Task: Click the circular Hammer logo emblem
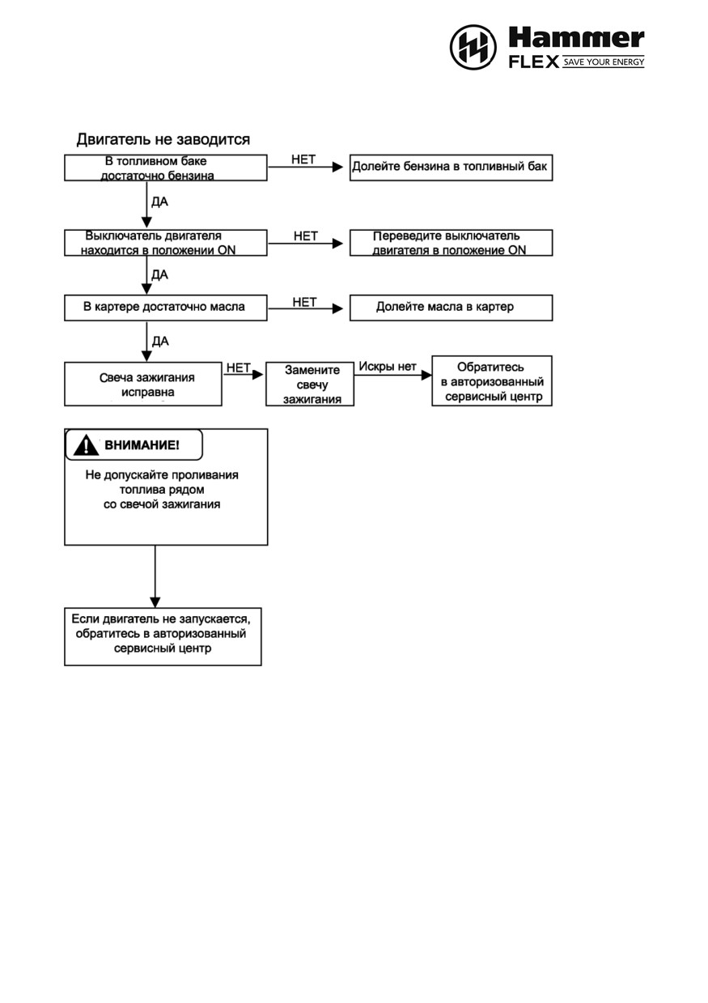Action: click(x=473, y=47)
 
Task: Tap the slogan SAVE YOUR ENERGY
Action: click(x=604, y=62)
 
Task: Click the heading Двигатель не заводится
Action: click(x=163, y=139)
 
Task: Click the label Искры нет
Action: click(x=388, y=366)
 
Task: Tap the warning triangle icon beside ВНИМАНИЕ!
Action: click(x=86, y=444)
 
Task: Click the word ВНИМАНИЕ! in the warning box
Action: click(x=142, y=445)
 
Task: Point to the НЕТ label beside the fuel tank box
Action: click(x=303, y=159)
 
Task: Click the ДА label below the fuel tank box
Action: click(x=159, y=202)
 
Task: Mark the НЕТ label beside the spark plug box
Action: click(x=238, y=368)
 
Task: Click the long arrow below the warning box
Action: click(x=155, y=576)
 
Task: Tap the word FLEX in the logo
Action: click(x=534, y=62)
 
